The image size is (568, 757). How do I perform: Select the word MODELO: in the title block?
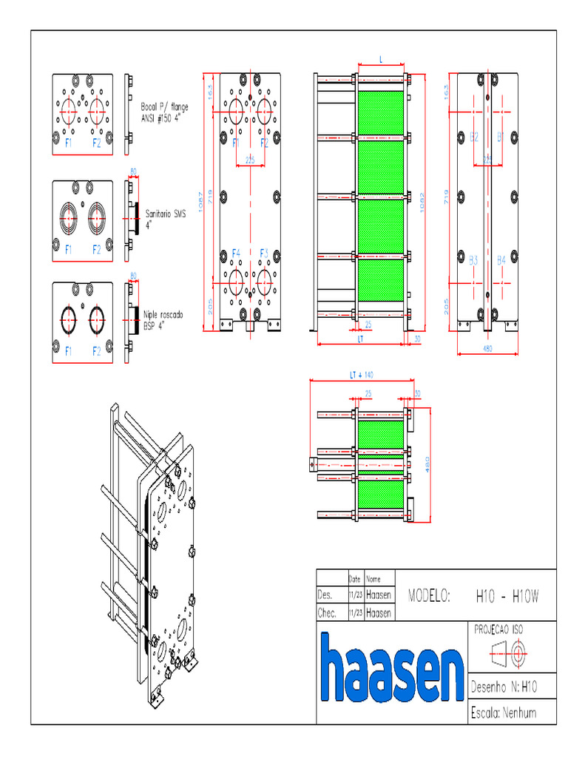click(x=429, y=595)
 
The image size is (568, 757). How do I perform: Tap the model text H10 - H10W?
click(x=507, y=595)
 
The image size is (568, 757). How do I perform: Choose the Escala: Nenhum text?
click(x=503, y=713)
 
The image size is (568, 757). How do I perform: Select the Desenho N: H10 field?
click(x=503, y=687)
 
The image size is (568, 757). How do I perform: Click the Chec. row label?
click(x=327, y=613)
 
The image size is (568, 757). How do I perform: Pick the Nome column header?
click(x=373, y=579)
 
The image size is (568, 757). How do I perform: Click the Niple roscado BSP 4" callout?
click(x=163, y=319)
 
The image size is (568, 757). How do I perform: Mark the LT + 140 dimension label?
click(x=362, y=375)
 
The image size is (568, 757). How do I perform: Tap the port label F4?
click(x=236, y=253)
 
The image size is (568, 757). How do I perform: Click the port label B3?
click(x=473, y=260)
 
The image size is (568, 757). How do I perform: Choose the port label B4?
click(x=501, y=260)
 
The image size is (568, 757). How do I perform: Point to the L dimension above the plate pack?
click(x=380, y=57)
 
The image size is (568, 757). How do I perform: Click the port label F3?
click(x=265, y=253)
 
